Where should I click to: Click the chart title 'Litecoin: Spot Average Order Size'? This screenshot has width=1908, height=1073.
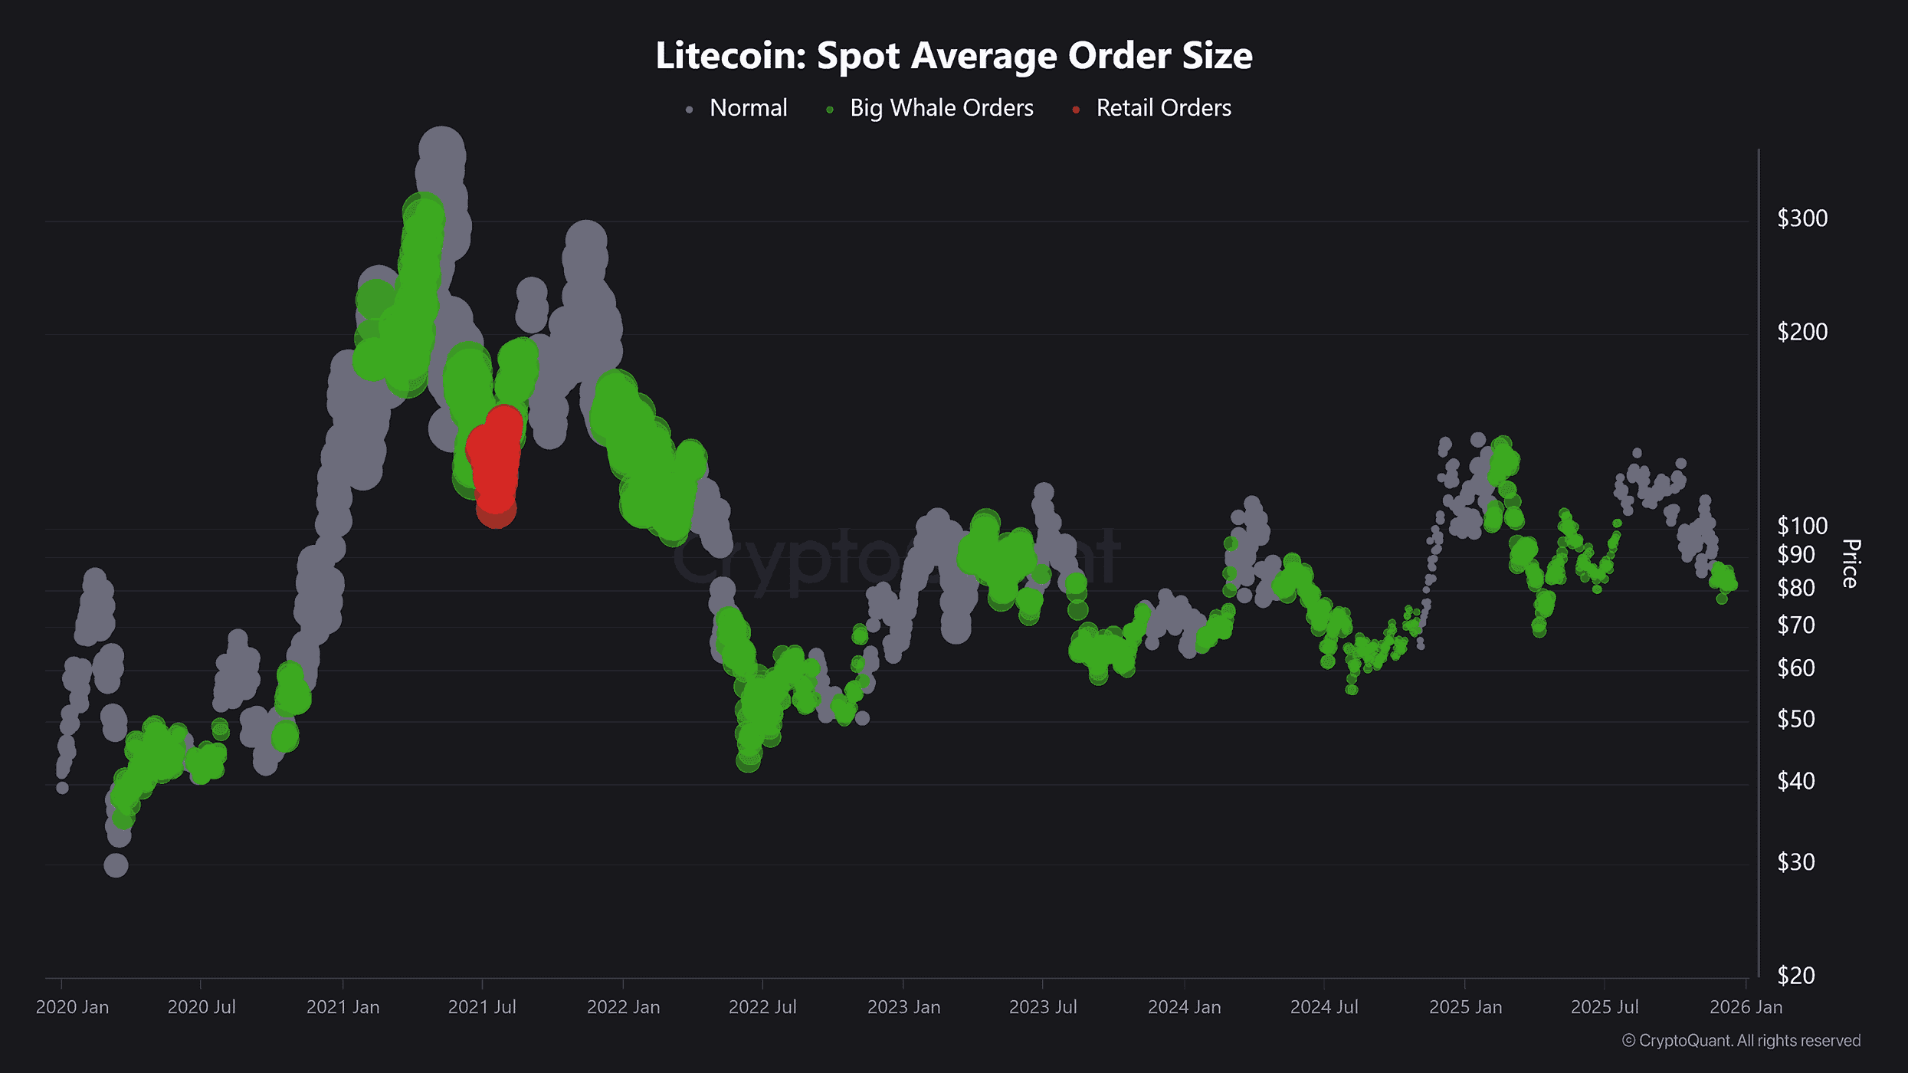click(x=954, y=56)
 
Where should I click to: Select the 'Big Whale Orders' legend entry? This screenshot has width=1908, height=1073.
click(x=941, y=108)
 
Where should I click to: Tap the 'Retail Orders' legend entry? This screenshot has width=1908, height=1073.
click(x=1162, y=108)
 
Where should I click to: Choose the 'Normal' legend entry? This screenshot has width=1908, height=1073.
click(x=748, y=108)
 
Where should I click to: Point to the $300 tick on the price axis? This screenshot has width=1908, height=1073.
click(x=1801, y=218)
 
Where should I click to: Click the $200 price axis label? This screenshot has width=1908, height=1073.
click(x=1801, y=332)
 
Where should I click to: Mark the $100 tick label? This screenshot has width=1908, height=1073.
click(x=1801, y=526)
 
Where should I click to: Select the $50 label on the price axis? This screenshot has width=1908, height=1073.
click(x=1795, y=719)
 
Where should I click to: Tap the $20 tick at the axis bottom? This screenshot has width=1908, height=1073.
click(x=1795, y=975)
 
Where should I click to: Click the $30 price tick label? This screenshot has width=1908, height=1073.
click(x=1795, y=862)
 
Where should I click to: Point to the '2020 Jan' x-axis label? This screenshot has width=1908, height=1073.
click(x=72, y=1007)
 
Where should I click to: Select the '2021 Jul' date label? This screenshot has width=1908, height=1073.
click(x=482, y=1007)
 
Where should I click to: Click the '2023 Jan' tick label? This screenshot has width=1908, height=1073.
click(x=903, y=1007)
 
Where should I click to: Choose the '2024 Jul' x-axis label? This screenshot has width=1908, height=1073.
click(x=1324, y=1007)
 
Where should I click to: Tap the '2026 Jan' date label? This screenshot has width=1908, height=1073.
click(x=1746, y=1007)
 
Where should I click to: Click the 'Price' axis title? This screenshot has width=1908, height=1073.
click(x=1851, y=563)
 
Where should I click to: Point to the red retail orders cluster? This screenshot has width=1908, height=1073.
click(x=495, y=464)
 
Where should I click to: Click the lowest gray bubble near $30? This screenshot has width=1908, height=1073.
click(x=116, y=865)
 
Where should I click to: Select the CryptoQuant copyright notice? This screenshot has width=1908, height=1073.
click(x=1741, y=1041)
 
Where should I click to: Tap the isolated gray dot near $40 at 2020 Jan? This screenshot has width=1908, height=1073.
click(x=63, y=787)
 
